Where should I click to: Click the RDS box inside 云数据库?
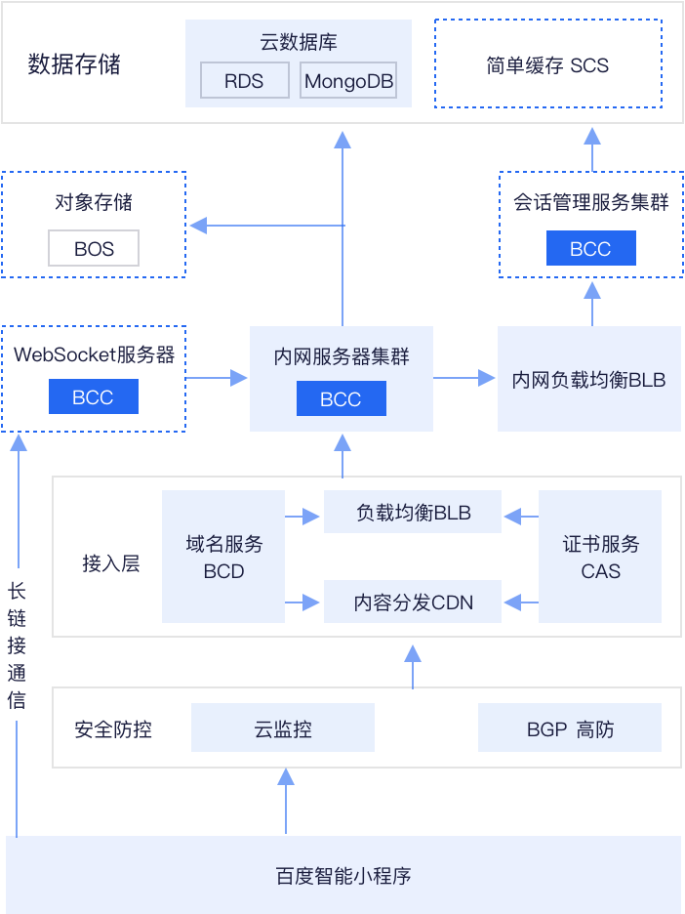[x=244, y=81]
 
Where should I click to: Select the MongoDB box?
[x=348, y=81]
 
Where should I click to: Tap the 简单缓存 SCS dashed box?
[x=547, y=64]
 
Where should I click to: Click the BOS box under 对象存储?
[x=94, y=249]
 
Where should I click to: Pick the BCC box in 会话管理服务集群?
[x=590, y=249]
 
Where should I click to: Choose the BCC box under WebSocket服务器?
[x=94, y=397]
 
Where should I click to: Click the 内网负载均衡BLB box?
[x=588, y=379]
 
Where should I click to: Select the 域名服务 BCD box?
[x=223, y=557]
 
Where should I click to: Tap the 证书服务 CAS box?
[x=600, y=557]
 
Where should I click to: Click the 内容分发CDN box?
[x=413, y=602]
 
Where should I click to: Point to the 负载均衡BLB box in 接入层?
[x=413, y=513]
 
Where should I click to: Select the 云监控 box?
[x=282, y=728]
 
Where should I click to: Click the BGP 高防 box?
[x=570, y=728]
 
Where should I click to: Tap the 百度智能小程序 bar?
[x=343, y=875]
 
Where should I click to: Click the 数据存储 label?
[x=74, y=64]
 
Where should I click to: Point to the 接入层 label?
[x=110, y=563]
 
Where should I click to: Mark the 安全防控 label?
[x=113, y=728]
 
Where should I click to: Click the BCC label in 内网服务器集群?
[x=341, y=399]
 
